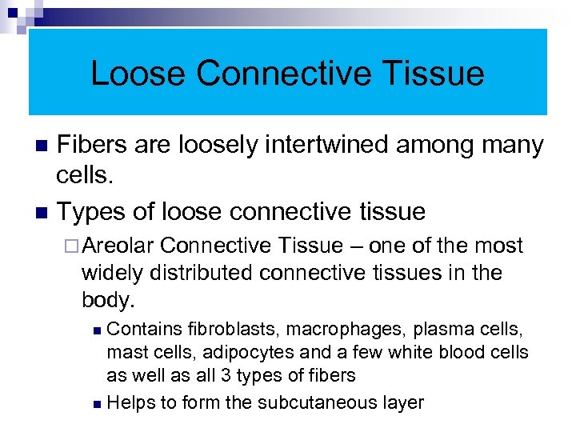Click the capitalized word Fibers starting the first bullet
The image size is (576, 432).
(94, 146)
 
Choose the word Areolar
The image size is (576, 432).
(122, 246)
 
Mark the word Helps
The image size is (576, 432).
(130, 402)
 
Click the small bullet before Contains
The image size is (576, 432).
(97, 330)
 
